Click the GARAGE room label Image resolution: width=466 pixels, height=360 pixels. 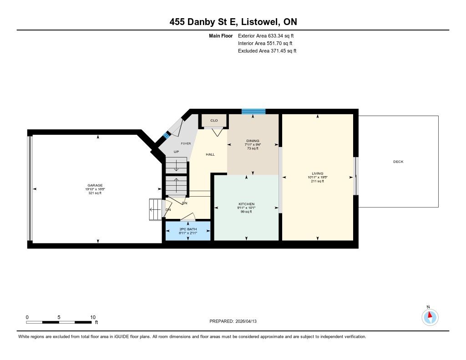pyautogui.click(x=95, y=185)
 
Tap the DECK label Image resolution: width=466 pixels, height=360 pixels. pyautogui.click(x=398, y=162)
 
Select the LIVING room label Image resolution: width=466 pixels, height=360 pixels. pyautogui.click(x=317, y=173)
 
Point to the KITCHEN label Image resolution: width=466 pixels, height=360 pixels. pyautogui.click(x=246, y=204)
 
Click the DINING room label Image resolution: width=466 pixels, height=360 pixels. pyautogui.click(x=253, y=141)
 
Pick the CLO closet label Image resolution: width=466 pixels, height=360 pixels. pyautogui.click(x=214, y=121)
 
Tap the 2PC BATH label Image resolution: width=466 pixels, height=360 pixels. pyautogui.click(x=188, y=229)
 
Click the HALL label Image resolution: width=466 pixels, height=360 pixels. pyautogui.click(x=210, y=154)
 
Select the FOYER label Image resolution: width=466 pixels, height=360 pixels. pyautogui.click(x=186, y=143)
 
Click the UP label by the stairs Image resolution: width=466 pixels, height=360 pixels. pyautogui.click(x=176, y=152)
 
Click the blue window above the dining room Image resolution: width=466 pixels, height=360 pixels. pyautogui.click(x=253, y=112)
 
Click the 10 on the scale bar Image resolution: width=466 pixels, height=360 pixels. pyautogui.click(x=93, y=317)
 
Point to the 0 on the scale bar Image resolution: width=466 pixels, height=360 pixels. pyautogui.click(x=27, y=317)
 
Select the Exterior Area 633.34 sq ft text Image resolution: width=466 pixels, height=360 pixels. pyautogui.click(x=266, y=35)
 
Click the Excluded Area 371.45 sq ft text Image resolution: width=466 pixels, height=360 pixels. pyautogui.click(x=267, y=51)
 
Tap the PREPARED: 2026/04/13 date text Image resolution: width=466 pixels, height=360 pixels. pyautogui.click(x=233, y=321)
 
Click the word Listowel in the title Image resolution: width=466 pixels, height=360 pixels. pyautogui.click(x=260, y=22)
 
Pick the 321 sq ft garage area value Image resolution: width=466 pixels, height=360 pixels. pyautogui.click(x=95, y=193)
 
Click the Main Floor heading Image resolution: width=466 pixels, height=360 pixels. pyautogui.click(x=221, y=35)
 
